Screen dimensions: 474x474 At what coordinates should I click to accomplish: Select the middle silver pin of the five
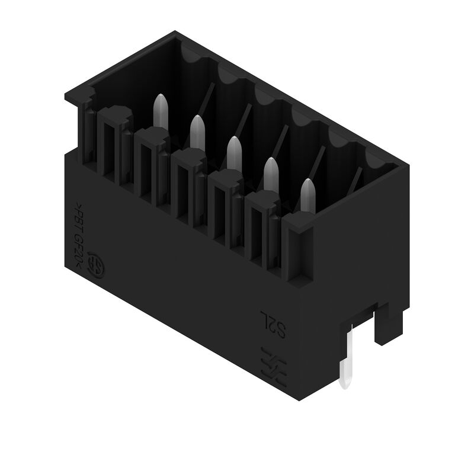click(x=234, y=150)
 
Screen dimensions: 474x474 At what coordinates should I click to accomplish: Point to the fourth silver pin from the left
click(x=271, y=172)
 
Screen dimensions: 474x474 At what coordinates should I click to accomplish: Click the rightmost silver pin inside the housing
click(x=308, y=193)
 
